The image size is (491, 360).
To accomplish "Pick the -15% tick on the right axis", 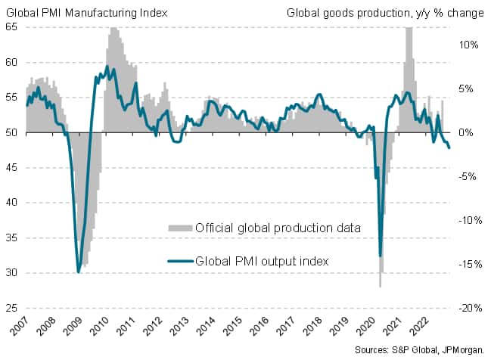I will point(468,265).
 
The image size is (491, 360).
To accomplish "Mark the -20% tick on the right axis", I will point(468,309).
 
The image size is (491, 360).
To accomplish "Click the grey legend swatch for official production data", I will point(179,228).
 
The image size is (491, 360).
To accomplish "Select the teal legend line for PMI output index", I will point(179,262).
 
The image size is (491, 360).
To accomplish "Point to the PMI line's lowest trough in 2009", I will point(79,272).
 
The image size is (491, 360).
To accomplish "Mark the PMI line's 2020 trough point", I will point(380,256).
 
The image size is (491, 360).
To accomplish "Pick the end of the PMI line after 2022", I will point(449,147).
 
